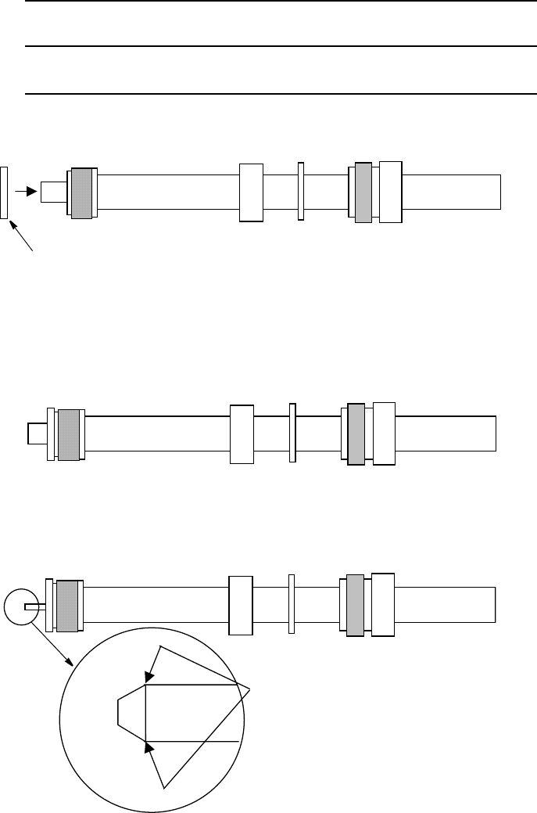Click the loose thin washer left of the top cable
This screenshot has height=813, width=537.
[5, 192]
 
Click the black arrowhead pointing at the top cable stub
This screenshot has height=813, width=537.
[31, 191]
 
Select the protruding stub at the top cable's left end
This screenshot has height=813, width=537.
[53, 192]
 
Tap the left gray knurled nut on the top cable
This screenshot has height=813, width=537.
[81, 192]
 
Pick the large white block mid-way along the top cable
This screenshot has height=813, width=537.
[251, 192]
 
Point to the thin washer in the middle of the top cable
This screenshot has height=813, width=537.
[301, 192]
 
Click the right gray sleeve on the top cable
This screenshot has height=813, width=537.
[363, 192]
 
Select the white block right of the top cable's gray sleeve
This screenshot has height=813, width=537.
[390, 192]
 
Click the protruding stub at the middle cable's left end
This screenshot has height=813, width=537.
[37, 433]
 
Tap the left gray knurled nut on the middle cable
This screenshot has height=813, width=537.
[69, 434]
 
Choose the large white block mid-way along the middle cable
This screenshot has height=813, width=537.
[242, 433]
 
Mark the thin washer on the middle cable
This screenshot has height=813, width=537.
[292, 433]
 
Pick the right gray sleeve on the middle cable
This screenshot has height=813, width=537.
[356, 434]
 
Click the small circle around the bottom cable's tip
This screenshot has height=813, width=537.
[20, 607]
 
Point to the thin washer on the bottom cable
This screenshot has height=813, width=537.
[292, 605]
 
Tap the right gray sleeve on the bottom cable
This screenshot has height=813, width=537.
[355, 605]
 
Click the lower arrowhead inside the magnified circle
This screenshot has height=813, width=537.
[149, 748]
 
